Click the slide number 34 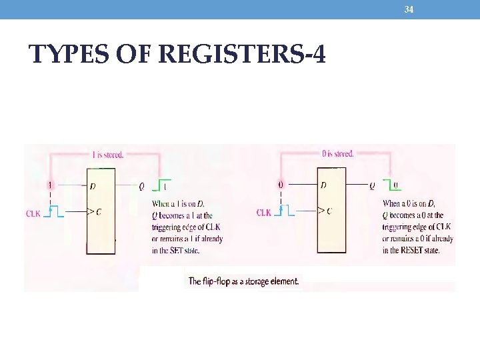pos(409,9)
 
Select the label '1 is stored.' pos(107,155)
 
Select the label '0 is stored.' pos(337,154)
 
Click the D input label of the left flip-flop pos(93,186)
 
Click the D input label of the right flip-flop pos(323,185)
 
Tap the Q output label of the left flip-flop pos(141,187)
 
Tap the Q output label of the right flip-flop pos(372,186)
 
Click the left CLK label pos(33,213)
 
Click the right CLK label pos(264,213)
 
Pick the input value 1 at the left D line pos(50,185)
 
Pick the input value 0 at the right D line pos(281,185)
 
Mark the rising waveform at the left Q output pos(163,185)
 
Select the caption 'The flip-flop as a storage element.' pos(243,281)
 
